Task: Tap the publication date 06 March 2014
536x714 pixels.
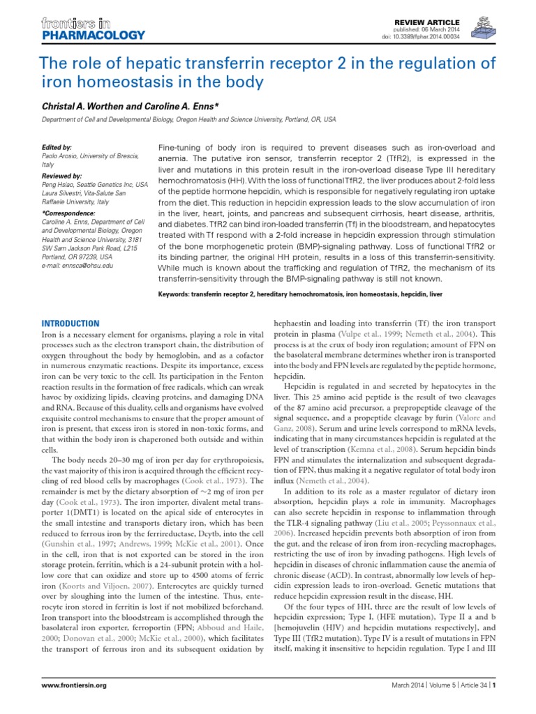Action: pyautogui.click(x=444, y=29)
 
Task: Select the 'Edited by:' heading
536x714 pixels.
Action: pyautogui.click(x=57, y=148)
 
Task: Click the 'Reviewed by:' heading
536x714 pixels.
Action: pyautogui.click(x=62, y=176)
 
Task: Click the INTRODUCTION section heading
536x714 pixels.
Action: pyautogui.click(x=70, y=324)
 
